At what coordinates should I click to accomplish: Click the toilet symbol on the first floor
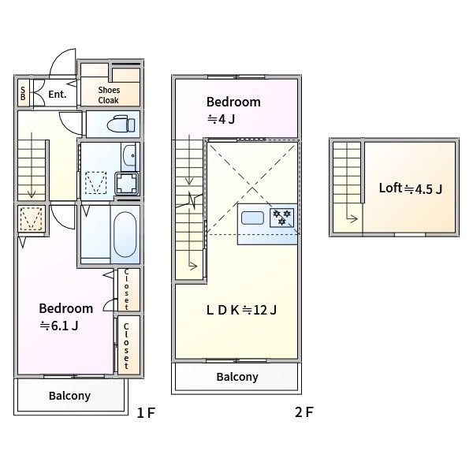121,124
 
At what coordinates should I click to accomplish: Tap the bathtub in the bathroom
125,234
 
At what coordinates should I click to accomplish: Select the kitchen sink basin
252,218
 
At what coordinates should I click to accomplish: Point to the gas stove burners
281,218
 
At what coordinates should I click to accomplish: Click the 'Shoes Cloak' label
109,95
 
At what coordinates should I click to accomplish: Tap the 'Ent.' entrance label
58,95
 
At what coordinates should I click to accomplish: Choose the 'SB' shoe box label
23,94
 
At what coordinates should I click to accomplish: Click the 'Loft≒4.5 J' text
411,188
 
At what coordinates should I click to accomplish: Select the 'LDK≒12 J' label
241,310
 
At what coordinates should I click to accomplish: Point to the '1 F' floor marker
146,412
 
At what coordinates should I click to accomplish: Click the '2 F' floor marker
304,412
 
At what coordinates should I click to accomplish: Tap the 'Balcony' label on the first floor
69,396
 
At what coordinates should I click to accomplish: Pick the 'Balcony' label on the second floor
237,377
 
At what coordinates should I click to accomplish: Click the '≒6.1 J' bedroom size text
59,326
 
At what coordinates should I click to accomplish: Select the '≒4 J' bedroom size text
221,120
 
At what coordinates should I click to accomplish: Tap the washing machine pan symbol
127,184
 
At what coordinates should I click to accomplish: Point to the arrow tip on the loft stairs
358,218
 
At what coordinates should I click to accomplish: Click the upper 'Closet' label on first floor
126,289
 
